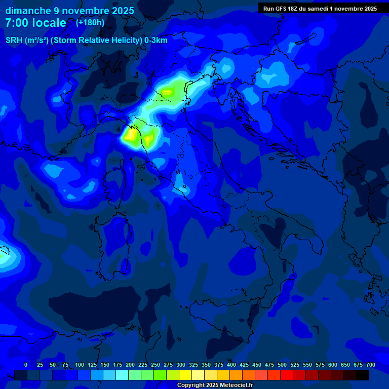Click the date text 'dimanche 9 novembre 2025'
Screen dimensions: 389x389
[69, 11]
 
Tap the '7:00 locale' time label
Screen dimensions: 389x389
[35, 23]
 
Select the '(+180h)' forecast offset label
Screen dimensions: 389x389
[90, 22]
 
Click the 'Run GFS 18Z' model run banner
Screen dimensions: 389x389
[320, 9]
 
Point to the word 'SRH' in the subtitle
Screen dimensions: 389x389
[14, 41]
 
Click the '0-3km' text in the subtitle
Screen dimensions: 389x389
[155, 41]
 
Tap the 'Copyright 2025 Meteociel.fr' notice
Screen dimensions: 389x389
[215, 385]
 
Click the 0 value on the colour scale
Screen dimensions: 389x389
[26, 365]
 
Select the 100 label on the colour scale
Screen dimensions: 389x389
[80, 365]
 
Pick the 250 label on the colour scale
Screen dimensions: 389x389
[155, 365]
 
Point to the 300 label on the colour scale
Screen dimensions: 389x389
[181, 365]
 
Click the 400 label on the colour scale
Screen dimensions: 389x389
[231, 365]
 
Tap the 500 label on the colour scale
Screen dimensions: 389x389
[282, 365]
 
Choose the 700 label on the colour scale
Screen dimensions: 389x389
[371, 365]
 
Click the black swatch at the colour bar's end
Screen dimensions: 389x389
[363, 375]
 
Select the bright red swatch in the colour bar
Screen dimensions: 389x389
[287, 375]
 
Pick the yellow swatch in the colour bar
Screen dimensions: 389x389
[185, 375]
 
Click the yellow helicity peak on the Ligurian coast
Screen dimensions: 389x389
[130, 135]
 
